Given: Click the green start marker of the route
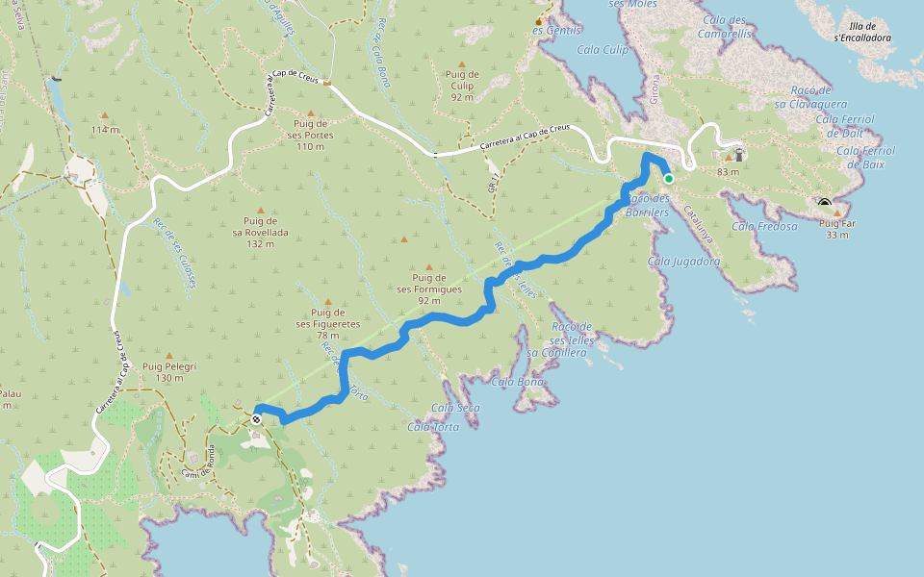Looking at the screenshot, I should coord(669,178).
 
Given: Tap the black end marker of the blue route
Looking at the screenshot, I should coord(257,418).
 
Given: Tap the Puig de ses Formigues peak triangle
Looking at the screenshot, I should coord(429,268).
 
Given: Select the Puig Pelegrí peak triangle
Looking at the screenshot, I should coord(169,355).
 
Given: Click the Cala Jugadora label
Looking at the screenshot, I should coord(684,261).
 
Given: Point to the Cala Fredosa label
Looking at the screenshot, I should coord(764,227).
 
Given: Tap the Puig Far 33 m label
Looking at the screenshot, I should coord(836,229).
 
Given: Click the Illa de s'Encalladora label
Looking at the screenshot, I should coord(863,32).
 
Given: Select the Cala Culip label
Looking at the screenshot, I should coord(603,49).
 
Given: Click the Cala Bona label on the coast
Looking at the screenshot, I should coord(518,382).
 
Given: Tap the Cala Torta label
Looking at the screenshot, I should coord(432,427).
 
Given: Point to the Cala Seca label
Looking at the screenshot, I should coord(456,408).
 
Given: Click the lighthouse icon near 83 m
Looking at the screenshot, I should coord(738,154).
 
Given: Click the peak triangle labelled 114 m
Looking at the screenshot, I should coord(104,115).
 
